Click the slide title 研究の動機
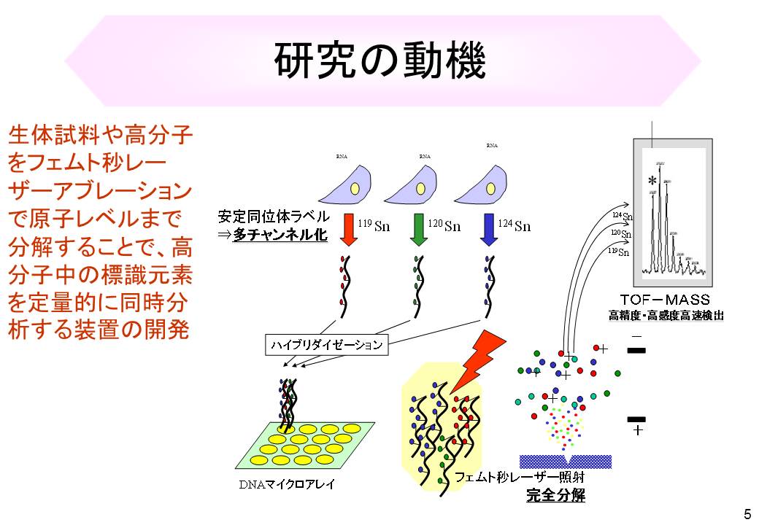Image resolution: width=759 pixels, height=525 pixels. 379,61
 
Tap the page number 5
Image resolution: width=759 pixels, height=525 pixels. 747,512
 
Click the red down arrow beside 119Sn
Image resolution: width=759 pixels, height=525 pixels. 348,229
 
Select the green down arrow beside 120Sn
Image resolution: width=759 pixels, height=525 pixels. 419,229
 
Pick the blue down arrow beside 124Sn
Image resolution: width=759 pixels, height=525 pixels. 488,229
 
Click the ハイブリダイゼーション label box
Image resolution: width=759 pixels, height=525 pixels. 325,345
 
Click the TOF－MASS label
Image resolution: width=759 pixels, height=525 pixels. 664,300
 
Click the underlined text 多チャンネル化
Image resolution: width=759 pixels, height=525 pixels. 280,235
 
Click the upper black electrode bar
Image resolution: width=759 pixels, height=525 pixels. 636,351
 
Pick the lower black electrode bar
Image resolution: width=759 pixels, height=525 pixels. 636,419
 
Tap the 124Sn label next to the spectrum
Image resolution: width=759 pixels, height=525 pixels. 622,216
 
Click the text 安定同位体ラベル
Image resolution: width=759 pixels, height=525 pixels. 273,217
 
